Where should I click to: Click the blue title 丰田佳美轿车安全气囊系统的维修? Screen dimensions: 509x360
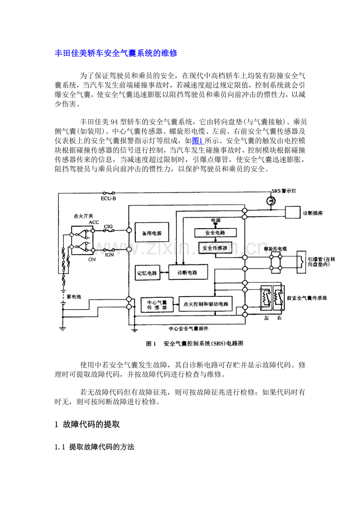116,53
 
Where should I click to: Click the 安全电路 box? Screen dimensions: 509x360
215,233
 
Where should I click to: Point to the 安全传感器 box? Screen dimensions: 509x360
215,248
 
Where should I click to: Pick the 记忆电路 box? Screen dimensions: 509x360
147,273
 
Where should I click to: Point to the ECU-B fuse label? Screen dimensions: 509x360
108,199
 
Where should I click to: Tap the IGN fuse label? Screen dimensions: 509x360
109,254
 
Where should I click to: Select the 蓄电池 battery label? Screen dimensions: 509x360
74,297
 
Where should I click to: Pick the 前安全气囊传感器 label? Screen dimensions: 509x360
307,298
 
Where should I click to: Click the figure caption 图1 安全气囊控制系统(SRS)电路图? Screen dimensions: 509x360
194,344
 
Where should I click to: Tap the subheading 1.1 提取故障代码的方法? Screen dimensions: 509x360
95,447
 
